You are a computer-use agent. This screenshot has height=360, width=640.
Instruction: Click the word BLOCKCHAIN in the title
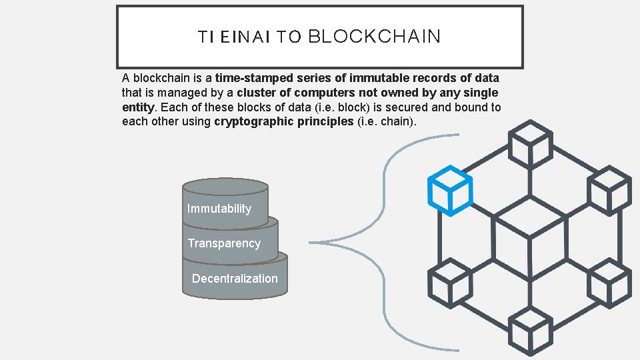pos(374,37)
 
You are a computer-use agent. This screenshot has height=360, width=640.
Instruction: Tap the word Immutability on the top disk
pos(219,209)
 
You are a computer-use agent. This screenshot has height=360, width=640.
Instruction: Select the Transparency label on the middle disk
pos(224,243)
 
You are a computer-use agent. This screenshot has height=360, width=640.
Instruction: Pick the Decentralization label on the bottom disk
pos(235,279)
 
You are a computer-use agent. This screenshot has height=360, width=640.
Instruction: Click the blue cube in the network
pos(450,191)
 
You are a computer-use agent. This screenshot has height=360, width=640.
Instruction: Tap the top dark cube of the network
pos(531,141)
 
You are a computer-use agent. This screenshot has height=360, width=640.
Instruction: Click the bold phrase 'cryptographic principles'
pos(284,122)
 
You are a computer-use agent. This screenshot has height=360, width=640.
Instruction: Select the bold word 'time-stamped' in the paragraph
pos(247,78)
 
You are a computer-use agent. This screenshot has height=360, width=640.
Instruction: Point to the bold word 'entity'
pos(137,107)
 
